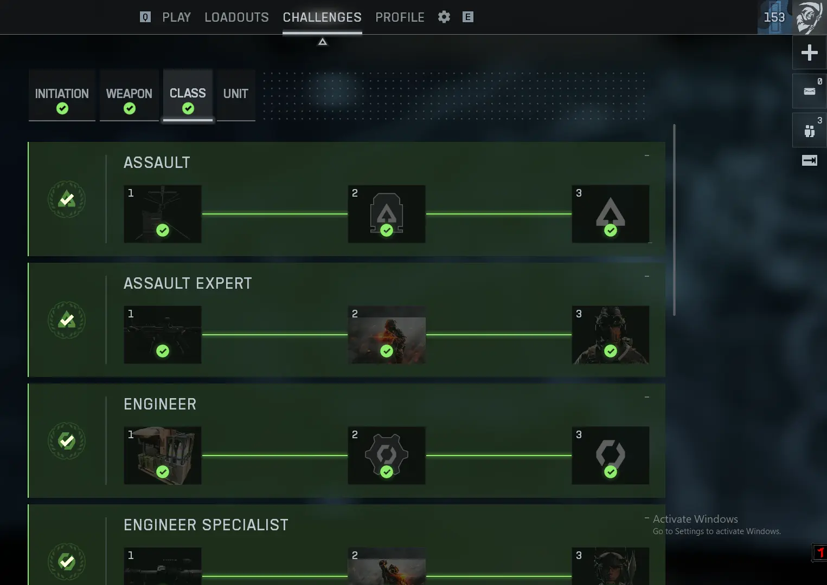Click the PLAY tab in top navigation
coord(176,17)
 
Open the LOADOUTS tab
coord(236,17)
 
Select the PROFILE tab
coord(400,17)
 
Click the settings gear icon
coord(444,17)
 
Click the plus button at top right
coord(809,53)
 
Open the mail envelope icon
coord(809,91)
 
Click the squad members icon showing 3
coord(809,130)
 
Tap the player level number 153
coord(774,17)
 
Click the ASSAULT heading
coord(157,162)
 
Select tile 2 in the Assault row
coord(387,214)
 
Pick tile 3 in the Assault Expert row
coord(610,335)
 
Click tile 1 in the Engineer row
coord(163,456)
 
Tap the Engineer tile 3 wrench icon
coord(610,454)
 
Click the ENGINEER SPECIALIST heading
coord(206,525)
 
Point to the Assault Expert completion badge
coord(67,320)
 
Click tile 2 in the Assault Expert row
coord(387,335)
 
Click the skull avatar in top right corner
coord(809,17)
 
